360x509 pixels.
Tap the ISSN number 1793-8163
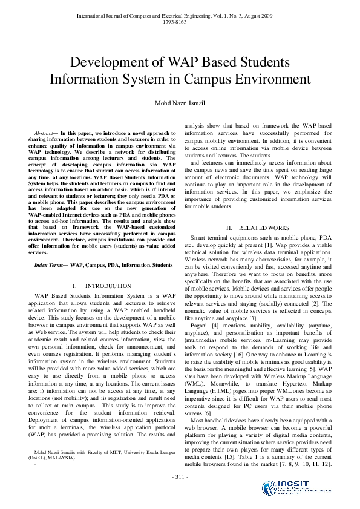(180, 12)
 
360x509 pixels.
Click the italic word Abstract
(44, 132)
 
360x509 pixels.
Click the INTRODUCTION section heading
(108, 286)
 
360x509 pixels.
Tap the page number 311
(180, 477)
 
